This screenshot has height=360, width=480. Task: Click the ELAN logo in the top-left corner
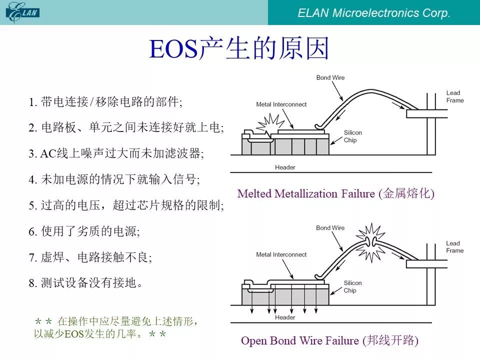22,12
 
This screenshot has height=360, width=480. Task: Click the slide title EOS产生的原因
239,48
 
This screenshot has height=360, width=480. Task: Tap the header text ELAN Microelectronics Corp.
374,13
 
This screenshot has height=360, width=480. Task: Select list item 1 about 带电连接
105,101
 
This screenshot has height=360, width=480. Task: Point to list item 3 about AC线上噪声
116,153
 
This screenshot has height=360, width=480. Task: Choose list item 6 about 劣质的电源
84,231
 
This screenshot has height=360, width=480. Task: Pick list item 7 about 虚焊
90,257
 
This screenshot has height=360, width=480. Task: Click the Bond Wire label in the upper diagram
330,78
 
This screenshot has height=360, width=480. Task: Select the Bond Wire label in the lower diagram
330,228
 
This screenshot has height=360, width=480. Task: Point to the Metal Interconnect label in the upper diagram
281,104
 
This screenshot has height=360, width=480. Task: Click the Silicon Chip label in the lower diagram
352,286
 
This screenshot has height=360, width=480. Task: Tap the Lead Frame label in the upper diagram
455,96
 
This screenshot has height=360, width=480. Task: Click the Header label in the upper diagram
285,167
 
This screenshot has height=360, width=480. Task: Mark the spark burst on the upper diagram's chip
269,123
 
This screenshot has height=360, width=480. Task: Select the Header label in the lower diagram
285,317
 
